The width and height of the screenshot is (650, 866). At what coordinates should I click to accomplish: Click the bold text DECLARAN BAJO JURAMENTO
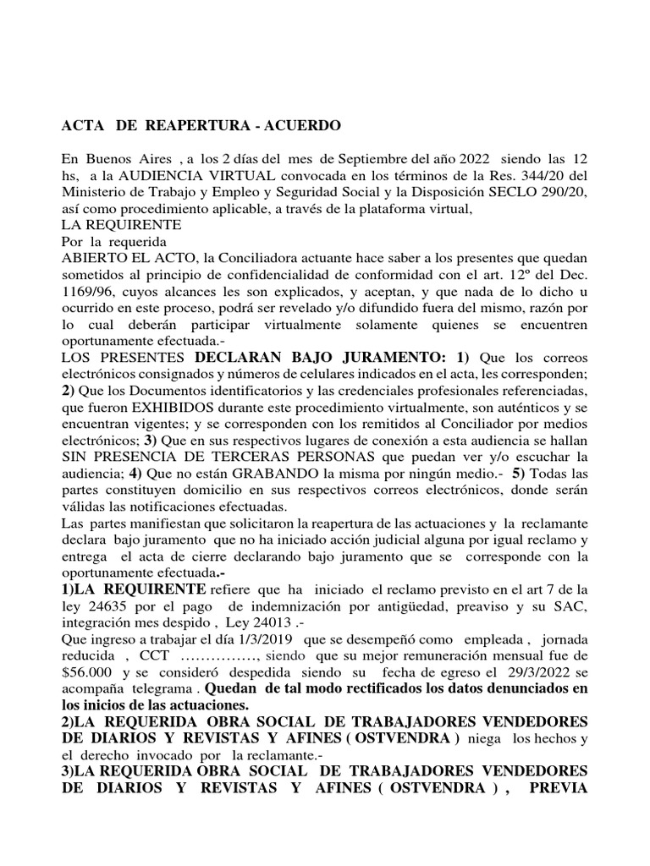coord(284,356)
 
